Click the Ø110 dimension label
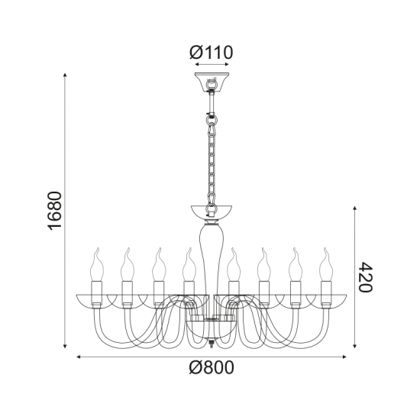[x=210, y=53]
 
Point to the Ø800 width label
[x=210, y=369]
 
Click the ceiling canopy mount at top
[x=210, y=82]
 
